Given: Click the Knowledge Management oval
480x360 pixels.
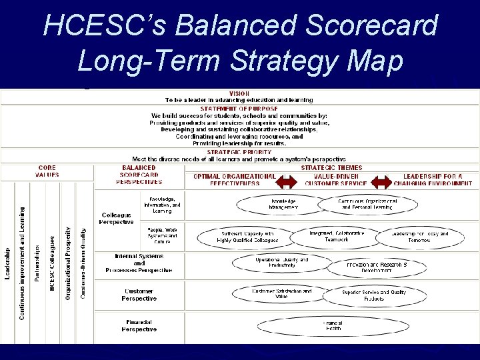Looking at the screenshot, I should pos(283,204).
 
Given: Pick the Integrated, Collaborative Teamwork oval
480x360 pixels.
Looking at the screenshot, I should pos(337,236).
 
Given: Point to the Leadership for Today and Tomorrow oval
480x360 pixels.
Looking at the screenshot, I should pos(419,237).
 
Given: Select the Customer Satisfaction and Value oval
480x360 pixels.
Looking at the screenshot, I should pos(281,293).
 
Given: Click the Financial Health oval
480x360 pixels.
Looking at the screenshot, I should pos(333,325).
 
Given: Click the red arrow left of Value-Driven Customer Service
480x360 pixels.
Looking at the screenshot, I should pos(287,181).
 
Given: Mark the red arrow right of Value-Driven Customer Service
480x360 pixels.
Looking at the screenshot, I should pos(381,181).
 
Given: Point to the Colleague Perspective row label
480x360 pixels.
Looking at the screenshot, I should pos(117,218).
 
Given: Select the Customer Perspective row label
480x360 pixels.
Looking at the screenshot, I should pos(139,295).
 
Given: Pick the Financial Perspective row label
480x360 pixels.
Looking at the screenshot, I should pos(139,325).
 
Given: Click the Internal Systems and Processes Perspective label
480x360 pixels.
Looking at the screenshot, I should pos(139,263).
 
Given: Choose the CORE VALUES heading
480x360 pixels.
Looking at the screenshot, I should pos(47,171).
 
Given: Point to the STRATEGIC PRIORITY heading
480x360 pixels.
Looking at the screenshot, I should pos(239,152).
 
